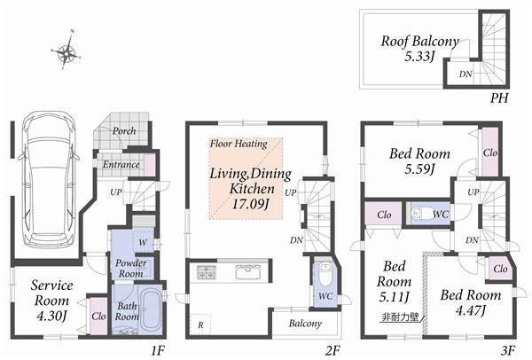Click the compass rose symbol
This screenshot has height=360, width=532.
pyautogui.click(x=67, y=52)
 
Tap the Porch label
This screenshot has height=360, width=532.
pyautogui.click(x=123, y=131)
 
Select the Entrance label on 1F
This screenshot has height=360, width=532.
pyautogui.click(x=121, y=164)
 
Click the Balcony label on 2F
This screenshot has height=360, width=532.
pyautogui.click(x=305, y=324)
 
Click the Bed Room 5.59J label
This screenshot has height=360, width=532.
pyautogui.click(x=420, y=161)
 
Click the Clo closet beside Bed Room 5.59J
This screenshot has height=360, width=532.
pyautogui.click(x=490, y=152)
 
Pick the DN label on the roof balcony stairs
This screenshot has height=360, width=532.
pyautogui.click(x=465, y=74)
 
